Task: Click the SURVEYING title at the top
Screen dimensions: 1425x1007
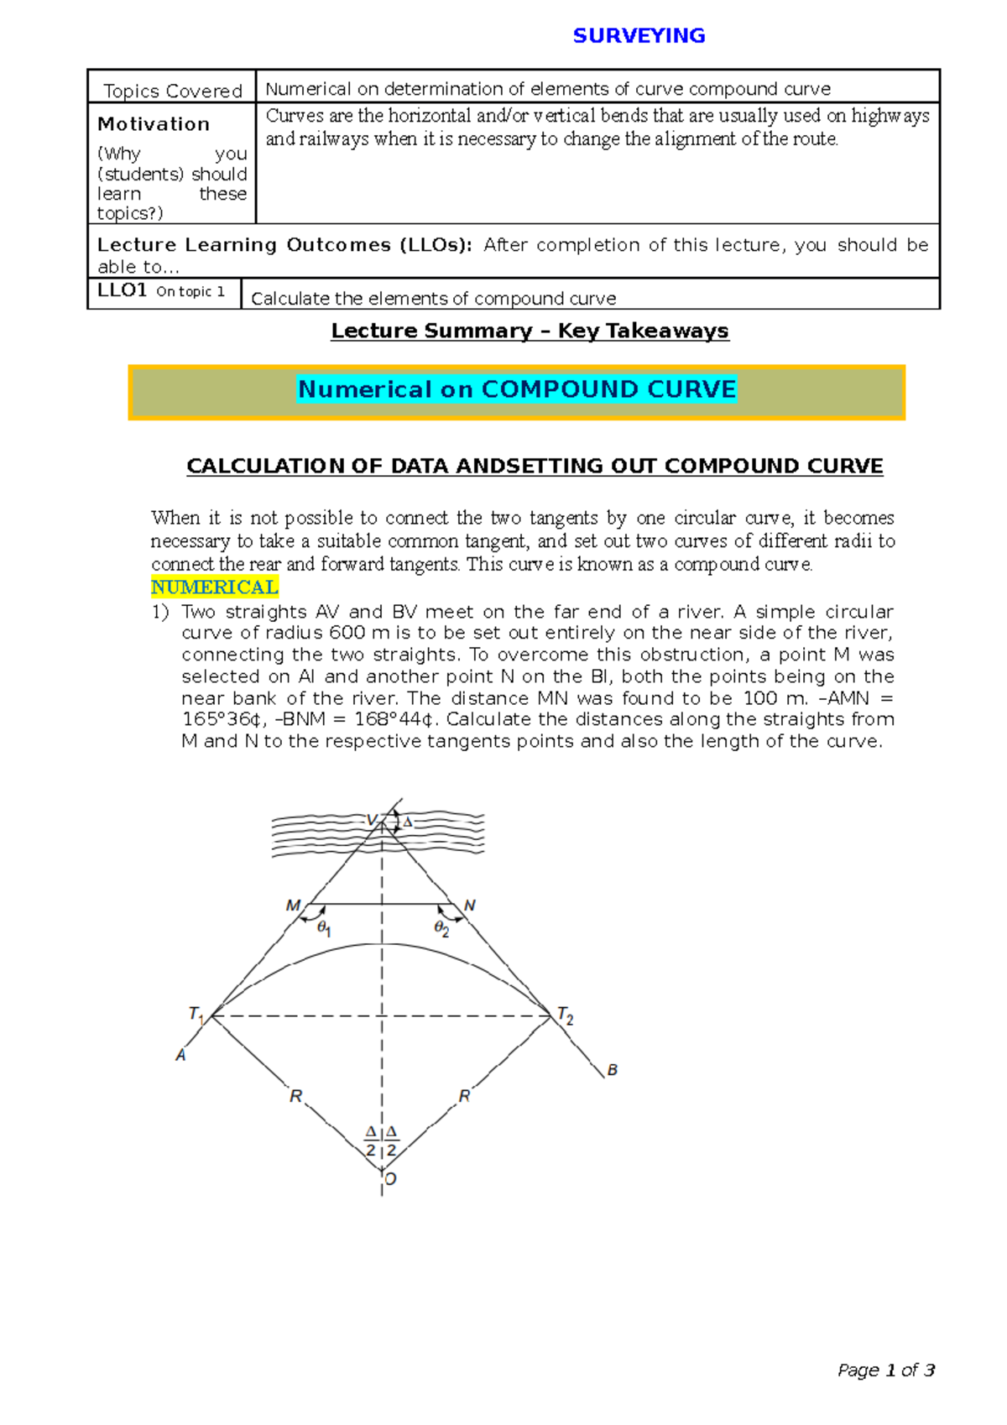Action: [639, 35]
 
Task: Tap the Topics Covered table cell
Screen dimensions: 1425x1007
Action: [172, 91]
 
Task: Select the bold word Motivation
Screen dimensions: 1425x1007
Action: [154, 124]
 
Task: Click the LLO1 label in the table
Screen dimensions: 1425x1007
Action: [122, 290]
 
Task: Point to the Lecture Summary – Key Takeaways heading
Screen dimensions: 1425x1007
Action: [530, 331]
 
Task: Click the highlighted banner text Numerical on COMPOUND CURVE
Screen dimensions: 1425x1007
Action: [517, 389]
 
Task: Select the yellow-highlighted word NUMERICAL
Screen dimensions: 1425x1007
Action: [214, 587]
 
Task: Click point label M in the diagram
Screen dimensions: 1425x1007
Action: [293, 906]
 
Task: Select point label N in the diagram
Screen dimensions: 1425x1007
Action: [470, 906]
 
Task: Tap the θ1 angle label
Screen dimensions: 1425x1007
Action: [324, 929]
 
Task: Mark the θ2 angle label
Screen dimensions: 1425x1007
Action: [441, 928]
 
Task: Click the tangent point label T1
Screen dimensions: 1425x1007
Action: [196, 1015]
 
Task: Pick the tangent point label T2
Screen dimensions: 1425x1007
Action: [566, 1017]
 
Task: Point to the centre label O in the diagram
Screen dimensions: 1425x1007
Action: [390, 1179]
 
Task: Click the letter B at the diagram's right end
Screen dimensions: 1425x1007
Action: [613, 1070]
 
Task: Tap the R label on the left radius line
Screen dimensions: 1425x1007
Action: [295, 1096]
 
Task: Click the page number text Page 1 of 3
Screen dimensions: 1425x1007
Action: [886, 1370]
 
